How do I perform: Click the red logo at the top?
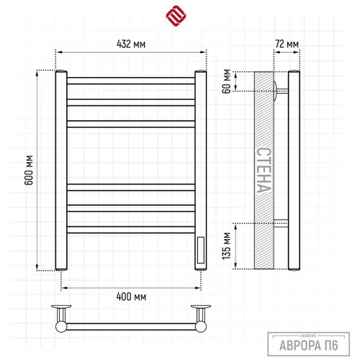click(x=176, y=16)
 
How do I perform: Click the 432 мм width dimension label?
click(x=131, y=44)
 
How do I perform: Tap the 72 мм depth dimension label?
click(x=287, y=44)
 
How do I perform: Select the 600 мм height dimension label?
click(x=29, y=170)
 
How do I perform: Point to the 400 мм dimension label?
click(x=131, y=297)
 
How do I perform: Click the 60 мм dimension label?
click(x=227, y=81)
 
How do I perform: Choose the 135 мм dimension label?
click(x=227, y=246)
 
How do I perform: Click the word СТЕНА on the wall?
click(x=264, y=170)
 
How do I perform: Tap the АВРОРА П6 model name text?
click(x=309, y=346)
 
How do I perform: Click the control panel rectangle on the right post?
click(x=201, y=250)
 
